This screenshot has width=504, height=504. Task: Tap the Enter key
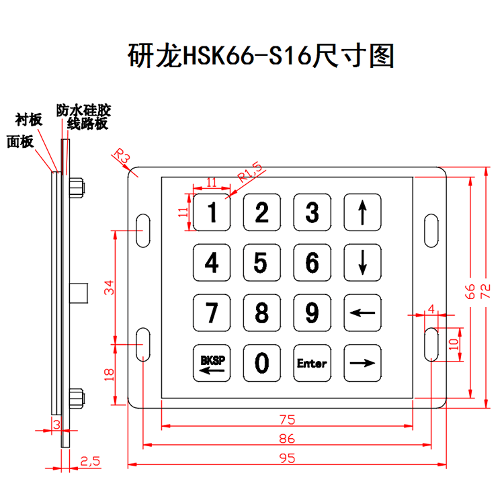point(312,364)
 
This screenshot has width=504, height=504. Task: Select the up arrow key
point(362,212)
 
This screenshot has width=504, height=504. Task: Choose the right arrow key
point(362,364)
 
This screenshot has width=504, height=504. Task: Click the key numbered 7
point(212,313)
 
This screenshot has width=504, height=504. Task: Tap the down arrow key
point(362,263)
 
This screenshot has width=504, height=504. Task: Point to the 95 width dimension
point(287,458)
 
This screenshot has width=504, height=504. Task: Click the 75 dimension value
point(287,419)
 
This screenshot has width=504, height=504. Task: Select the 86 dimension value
point(287,439)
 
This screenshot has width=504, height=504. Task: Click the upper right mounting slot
point(431,229)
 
